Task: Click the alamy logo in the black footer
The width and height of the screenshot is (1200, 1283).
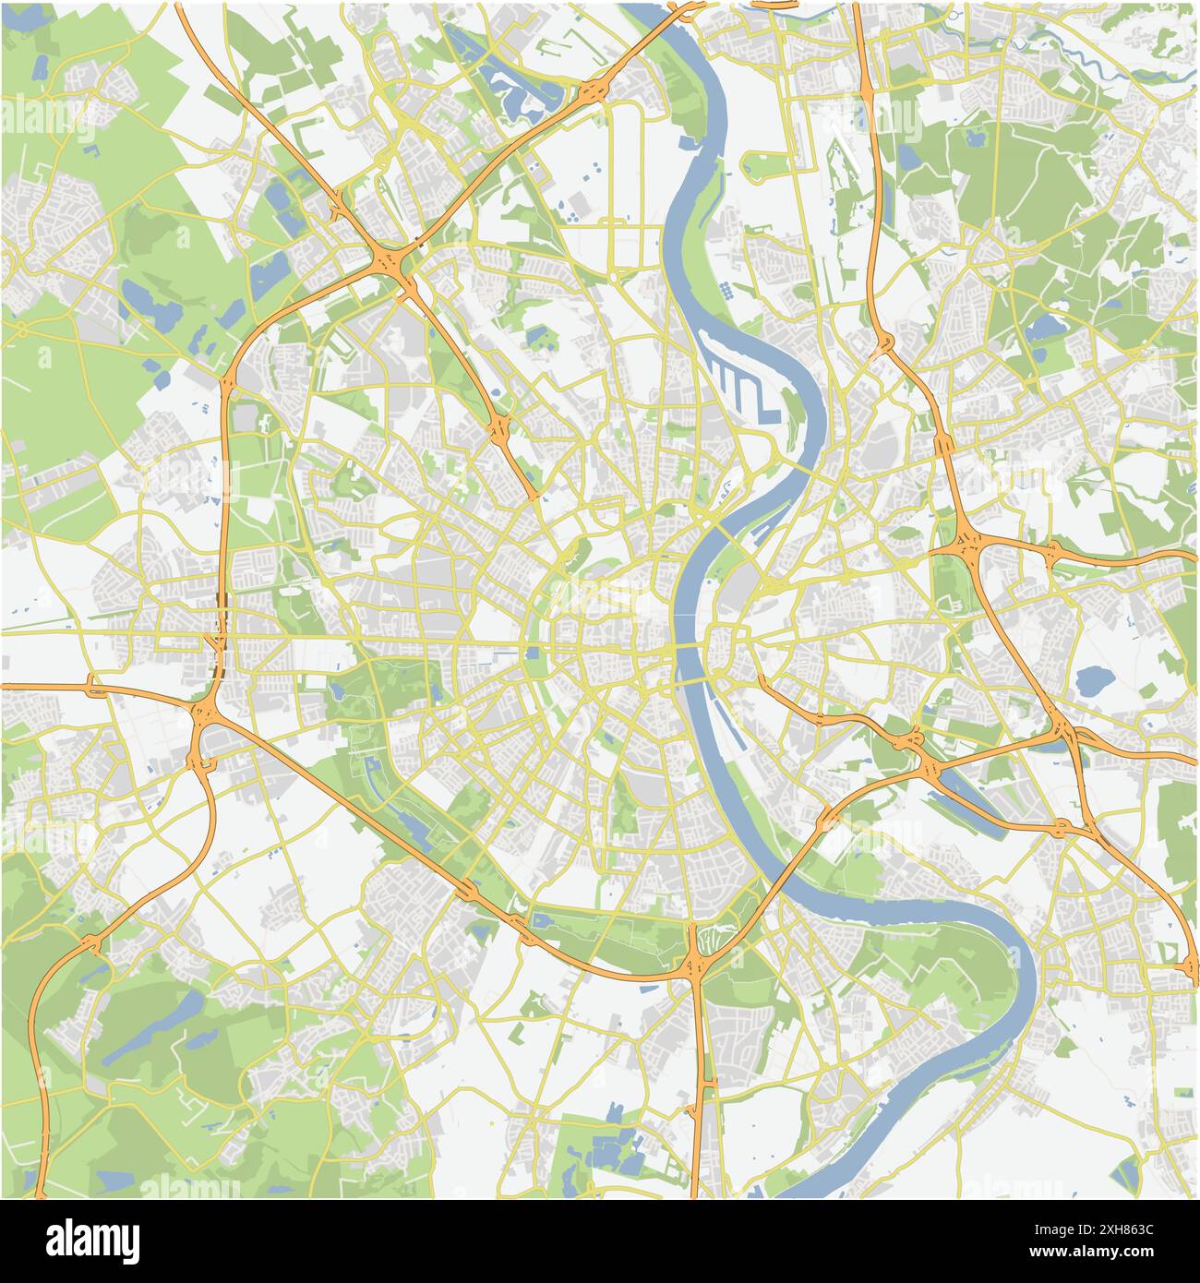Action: pyautogui.click(x=92, y=1239)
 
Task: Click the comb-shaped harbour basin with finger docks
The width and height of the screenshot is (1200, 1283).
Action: pyautogui.click(x=738, y=383)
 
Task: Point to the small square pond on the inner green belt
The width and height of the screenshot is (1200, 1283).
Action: pyautogui.click(x=533, y=654)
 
